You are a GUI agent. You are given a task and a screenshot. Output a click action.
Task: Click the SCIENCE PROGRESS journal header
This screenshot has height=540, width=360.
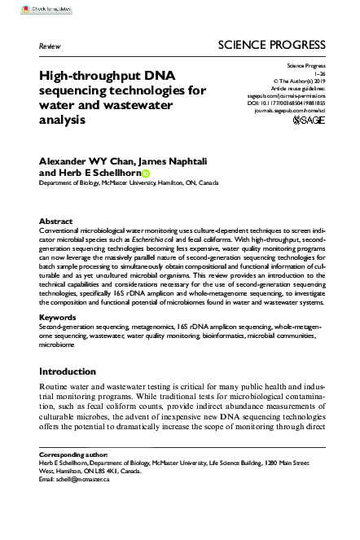click(x=275, y=46)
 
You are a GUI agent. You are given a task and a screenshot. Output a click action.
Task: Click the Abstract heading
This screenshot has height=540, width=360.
click(x=56, y=221)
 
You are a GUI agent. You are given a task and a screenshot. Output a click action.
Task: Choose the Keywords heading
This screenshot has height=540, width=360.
click(x=59, y=316)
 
